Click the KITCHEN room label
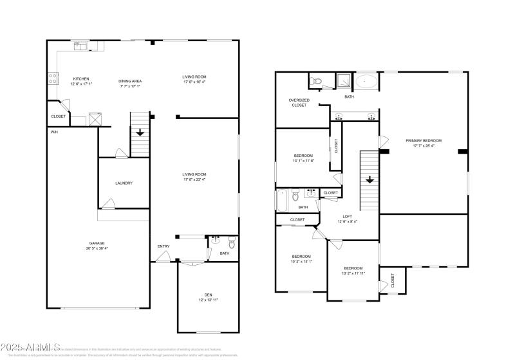[x=80, y=79]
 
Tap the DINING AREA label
[x=129, y=81]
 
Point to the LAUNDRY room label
[x=124, y=183]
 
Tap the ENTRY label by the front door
[x=164, y=246]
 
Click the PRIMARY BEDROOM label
[x=424, y=140]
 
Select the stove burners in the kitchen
[x=51, y=80]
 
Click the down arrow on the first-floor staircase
[x=140, y=132]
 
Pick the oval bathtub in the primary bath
[x=368, y=82]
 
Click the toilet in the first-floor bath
[x=231, y=242]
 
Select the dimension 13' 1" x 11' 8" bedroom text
[x=303, y=161]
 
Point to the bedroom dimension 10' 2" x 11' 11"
[x=353, y=273]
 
